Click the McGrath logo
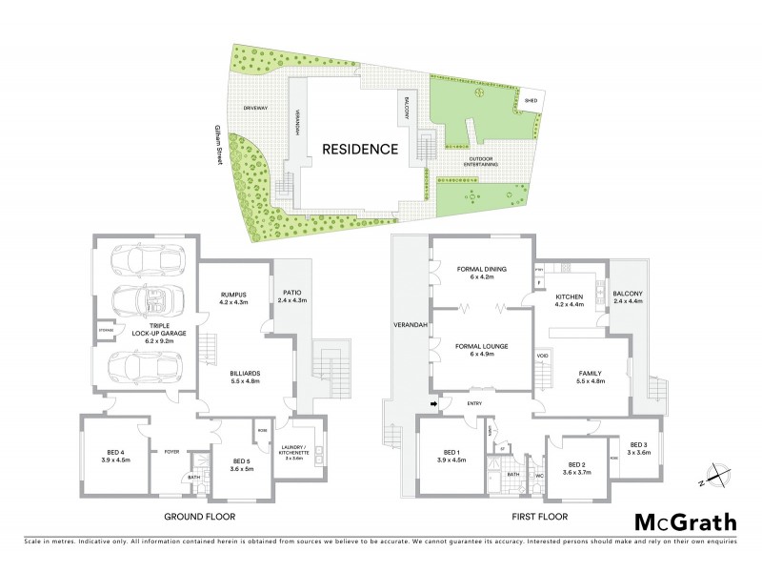(686, 522)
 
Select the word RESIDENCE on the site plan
(359, 149)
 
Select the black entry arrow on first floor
(434, 404)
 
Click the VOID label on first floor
(543, 356)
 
